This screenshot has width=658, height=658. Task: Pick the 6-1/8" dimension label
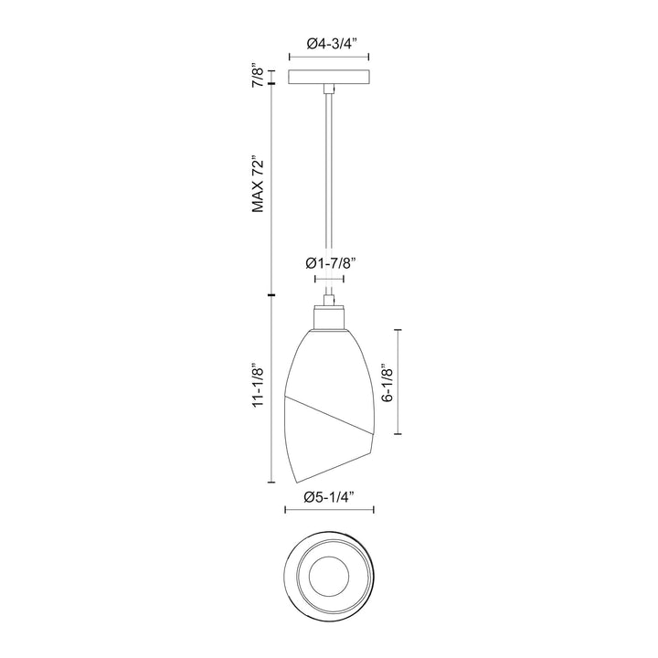387,386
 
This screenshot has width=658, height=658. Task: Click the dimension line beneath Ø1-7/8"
329,279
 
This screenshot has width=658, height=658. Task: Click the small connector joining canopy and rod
329,89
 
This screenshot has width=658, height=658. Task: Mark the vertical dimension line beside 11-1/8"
271,388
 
